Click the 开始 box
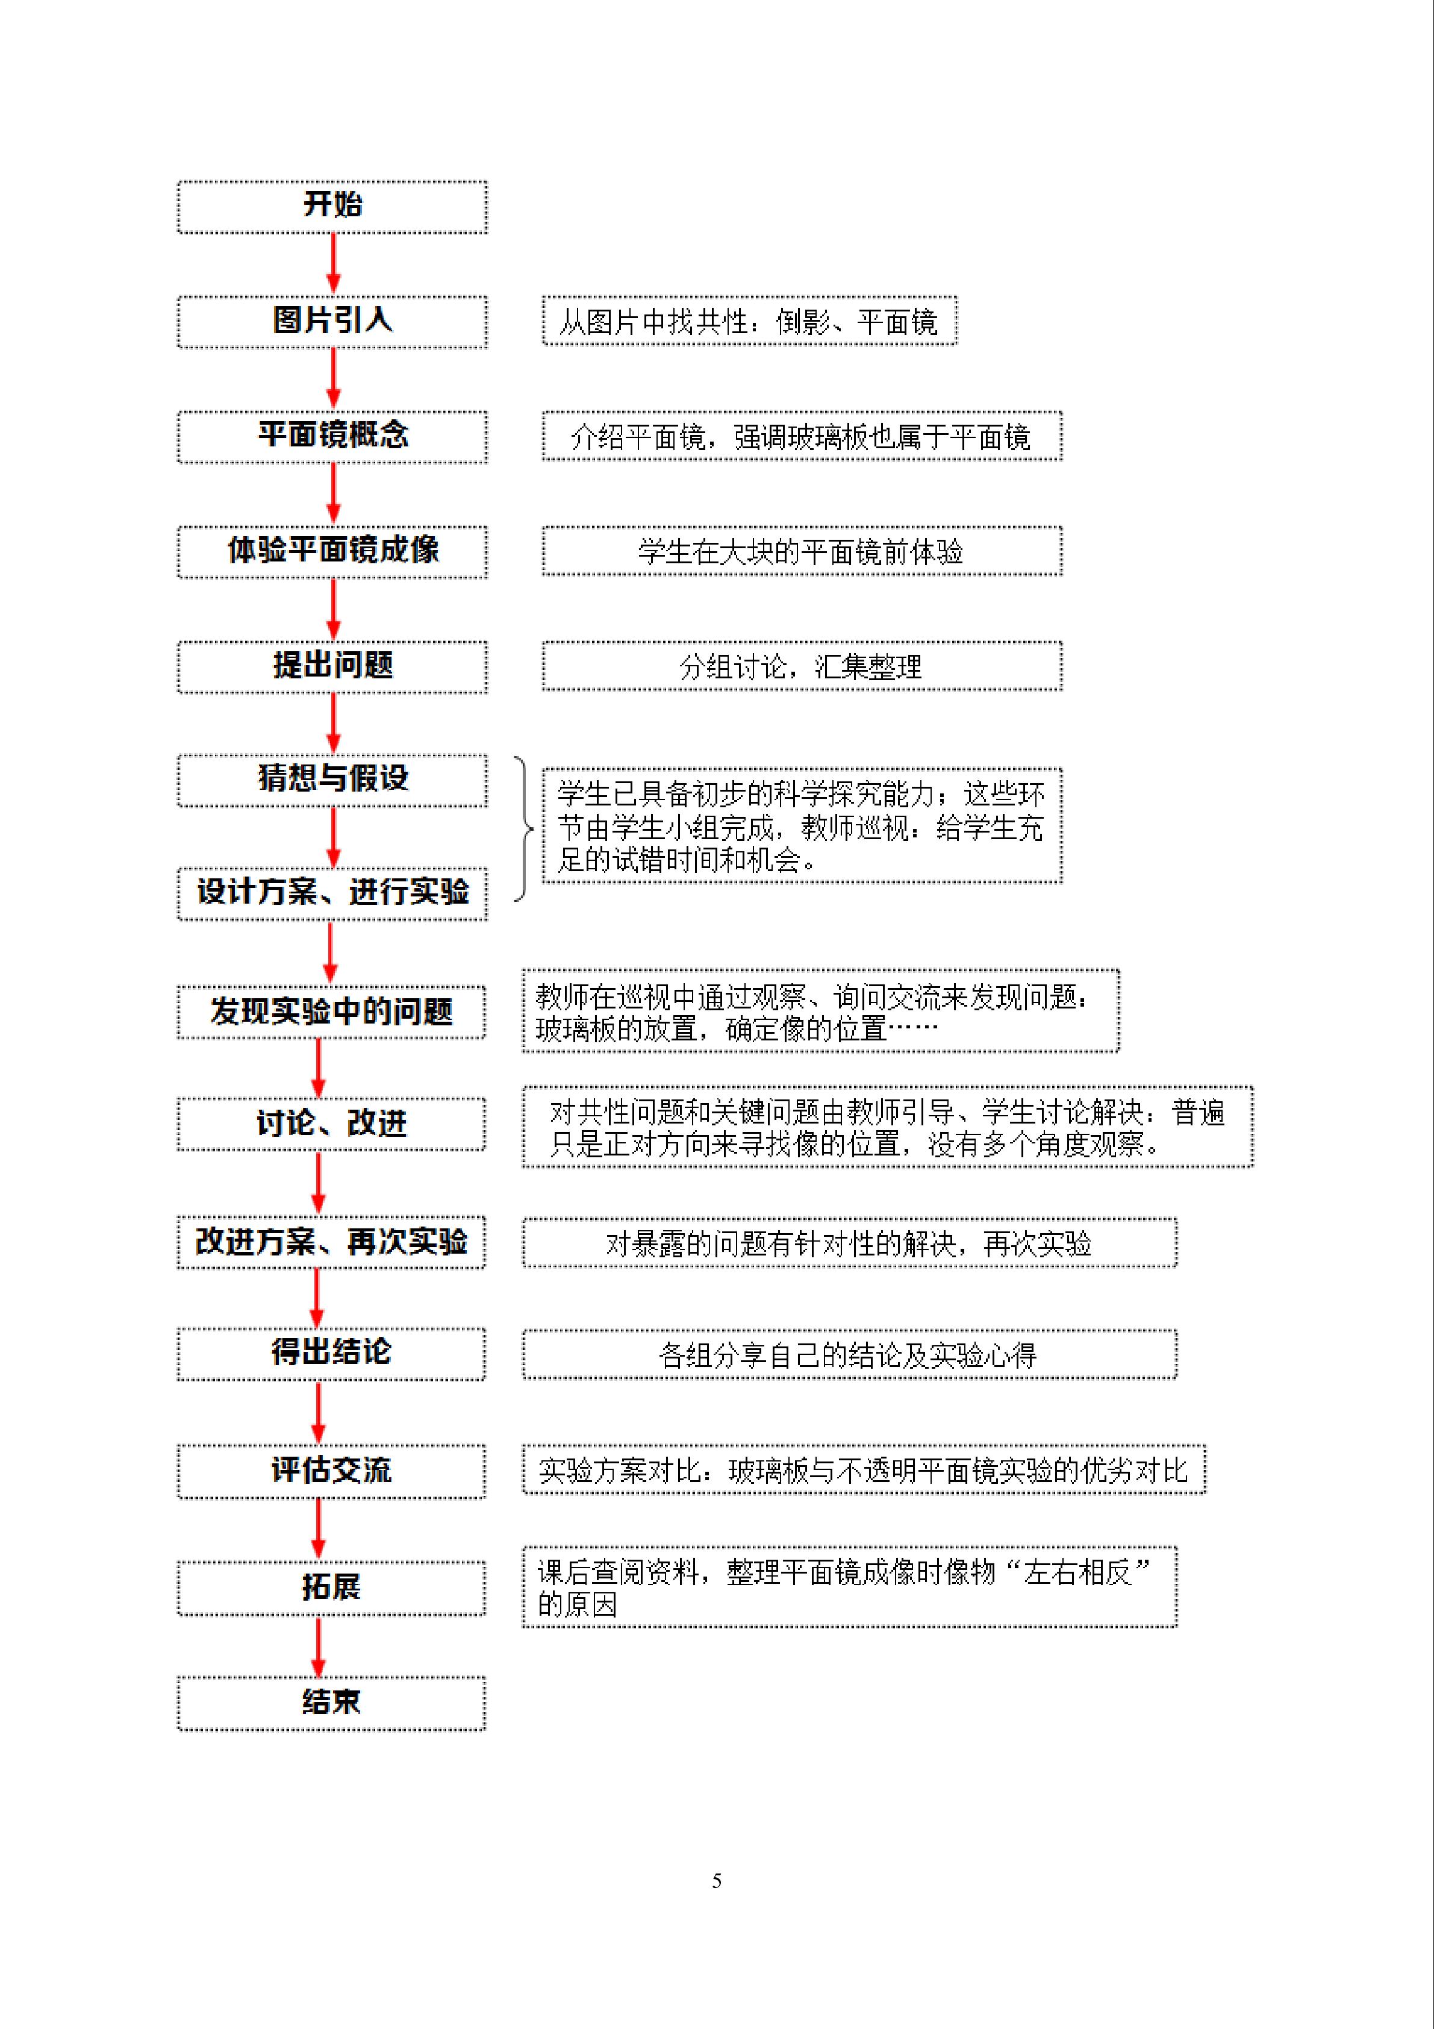pos(332,207)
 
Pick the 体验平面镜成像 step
pos(332,551)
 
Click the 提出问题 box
pos(332,666)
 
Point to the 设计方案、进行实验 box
pos(332,893)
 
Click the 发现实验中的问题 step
pos(331,1012)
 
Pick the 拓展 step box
pos(331,1588)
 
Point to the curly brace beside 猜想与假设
pos(525,829)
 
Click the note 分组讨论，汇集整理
pos(802,666)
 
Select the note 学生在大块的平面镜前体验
pos(802,551)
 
